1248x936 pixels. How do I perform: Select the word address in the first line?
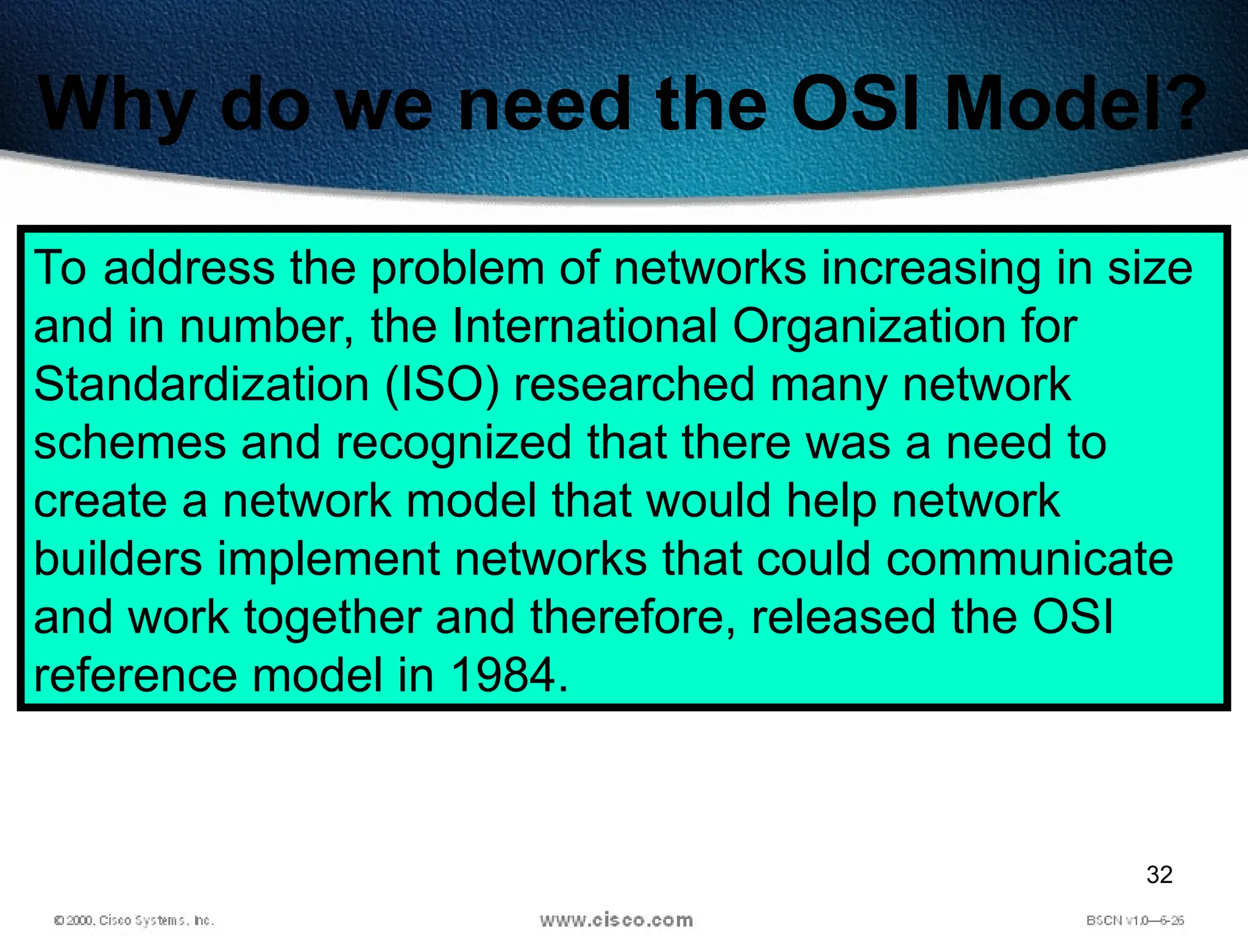[x=189, y=268]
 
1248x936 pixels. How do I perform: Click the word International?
[x=584, y=326]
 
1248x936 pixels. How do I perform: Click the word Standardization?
[x=201, y=385]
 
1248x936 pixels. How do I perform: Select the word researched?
[x=634, y=385]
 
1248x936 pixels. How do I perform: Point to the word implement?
[x=328, y=560]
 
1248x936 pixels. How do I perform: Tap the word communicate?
[x=1029, y=560]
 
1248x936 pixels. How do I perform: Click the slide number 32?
[x=1159, y=874]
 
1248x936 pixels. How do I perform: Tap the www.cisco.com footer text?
[x=616, y=920]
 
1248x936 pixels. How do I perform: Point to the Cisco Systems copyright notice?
[x=134, y=920]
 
